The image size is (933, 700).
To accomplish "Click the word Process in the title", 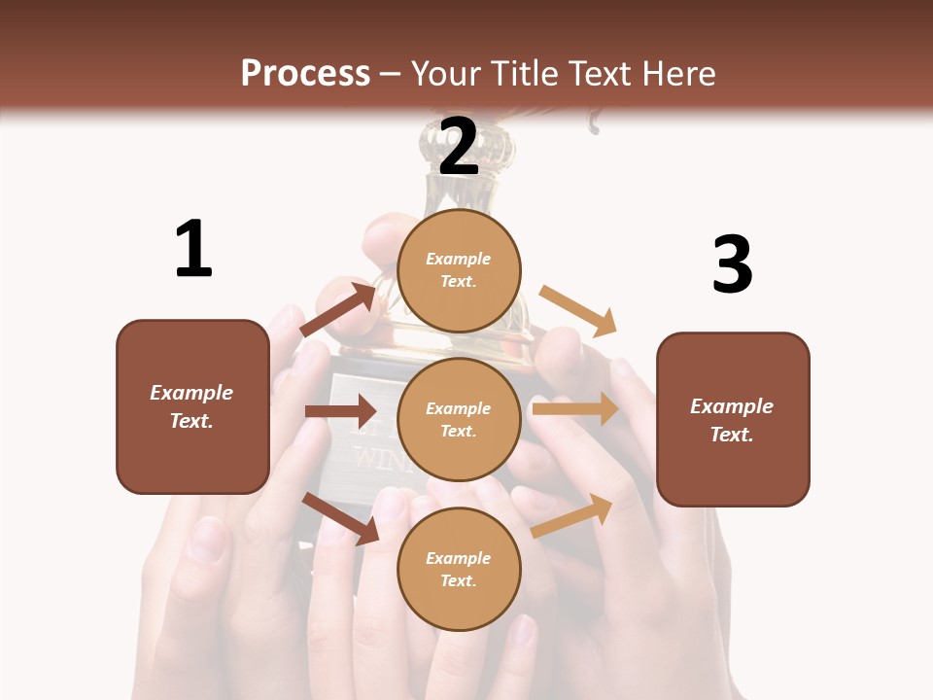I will pos(305,74).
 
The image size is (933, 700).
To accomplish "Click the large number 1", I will pos(193,249).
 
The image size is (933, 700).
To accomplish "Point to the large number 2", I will pos(459,148).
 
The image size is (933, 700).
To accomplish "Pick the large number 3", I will pos(732,264).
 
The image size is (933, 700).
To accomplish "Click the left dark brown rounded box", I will pos(192,406).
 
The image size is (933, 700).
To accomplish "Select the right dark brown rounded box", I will pos(733,419).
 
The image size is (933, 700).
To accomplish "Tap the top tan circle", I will pos(459,269).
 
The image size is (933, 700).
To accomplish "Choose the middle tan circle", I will pos(459,419).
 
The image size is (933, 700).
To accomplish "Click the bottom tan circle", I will pos(459,569).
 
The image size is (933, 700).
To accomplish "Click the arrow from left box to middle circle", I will pos(340,411).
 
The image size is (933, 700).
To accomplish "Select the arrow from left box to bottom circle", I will pos(340,518).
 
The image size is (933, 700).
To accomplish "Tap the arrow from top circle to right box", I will pos(578,310).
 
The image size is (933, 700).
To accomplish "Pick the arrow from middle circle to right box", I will pos(575,409).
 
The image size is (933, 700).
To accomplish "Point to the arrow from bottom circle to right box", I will pos(572,515).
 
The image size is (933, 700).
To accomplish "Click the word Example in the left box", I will pos(191,393).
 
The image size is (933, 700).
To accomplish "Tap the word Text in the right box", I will pos(732,435).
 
